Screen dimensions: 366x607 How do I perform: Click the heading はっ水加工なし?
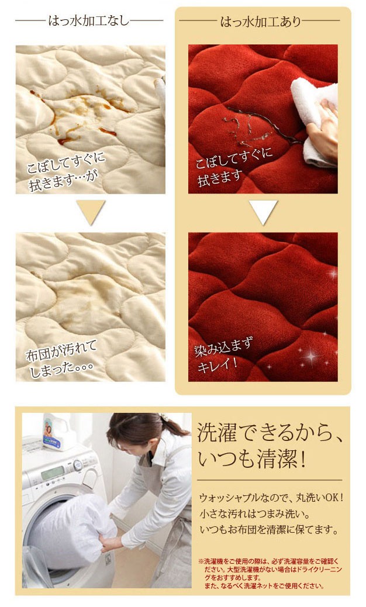pyautogui.click(x=89, y=20)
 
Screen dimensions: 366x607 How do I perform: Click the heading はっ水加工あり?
pyautogui.click(x=260, y=21)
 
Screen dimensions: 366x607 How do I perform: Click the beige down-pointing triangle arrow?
pyautogui.click(x=91, y=212)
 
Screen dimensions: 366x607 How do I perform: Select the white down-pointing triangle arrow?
pyautogui.click(x=263, y=212)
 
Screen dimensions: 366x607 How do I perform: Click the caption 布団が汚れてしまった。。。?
pyautogui.click(x=61, y=360)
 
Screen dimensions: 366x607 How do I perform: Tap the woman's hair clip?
pyautogui.click(x=164, y=418)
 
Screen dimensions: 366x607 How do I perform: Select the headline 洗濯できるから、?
pyautogui.click(x=270, y=433)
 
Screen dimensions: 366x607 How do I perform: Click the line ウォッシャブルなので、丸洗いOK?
pyautogui.click(x=271, y=498)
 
